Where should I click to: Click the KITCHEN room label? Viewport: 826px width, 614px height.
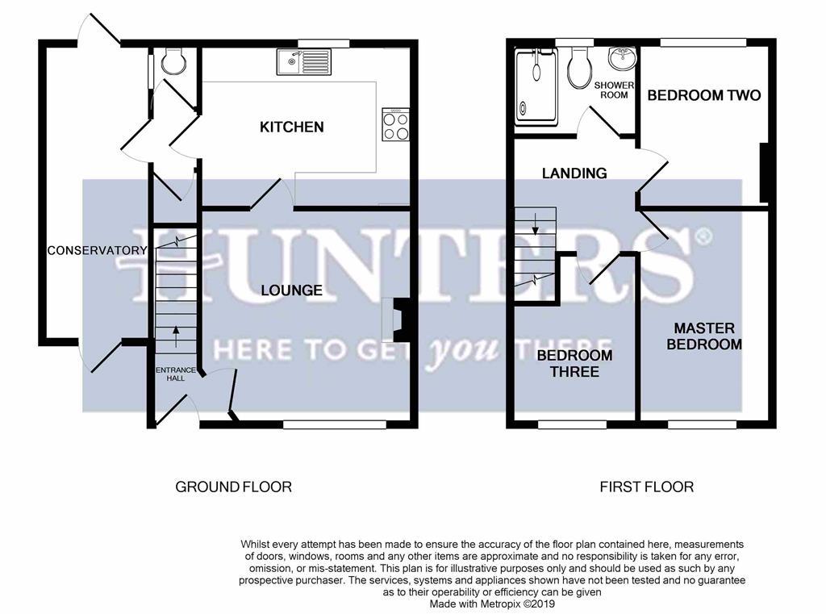[x=291, y=127]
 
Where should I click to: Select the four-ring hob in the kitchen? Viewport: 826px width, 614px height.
[x=395, y=125]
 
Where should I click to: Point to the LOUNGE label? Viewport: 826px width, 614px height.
[x=291, y=290]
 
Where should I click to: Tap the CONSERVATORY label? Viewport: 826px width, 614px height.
[x=97, y=250]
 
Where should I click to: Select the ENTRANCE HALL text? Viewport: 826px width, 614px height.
[x=175, y=374]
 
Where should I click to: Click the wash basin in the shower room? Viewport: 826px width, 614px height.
[x=622, y=59]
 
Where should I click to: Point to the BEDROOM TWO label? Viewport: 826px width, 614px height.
[x=703, y=95]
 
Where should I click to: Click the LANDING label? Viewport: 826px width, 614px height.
[x=574, y=173]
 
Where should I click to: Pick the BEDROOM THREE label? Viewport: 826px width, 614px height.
[x=574, y=363]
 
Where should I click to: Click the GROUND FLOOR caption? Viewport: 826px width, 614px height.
[x=233, y=487]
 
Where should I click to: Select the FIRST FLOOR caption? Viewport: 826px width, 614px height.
[x=646, y=487]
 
